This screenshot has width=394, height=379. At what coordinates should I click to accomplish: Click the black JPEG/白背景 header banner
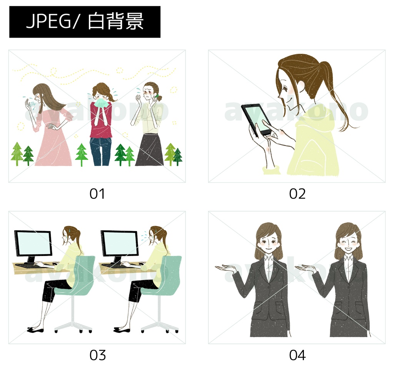[85, 22]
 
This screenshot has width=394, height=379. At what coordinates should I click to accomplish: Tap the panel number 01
[97, 194]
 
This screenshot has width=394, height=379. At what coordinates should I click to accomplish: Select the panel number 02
[297, 194]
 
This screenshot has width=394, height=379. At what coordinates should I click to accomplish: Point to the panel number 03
[97, 355]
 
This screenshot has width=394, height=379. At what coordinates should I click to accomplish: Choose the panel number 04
[297, 355]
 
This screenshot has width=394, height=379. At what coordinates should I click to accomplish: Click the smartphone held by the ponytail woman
[257, 119]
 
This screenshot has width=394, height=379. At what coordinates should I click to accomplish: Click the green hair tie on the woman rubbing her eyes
[157, 96]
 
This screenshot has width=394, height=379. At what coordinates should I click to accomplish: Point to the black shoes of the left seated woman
[35, 329]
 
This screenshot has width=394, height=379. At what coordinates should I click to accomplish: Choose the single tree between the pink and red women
[82, 154]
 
